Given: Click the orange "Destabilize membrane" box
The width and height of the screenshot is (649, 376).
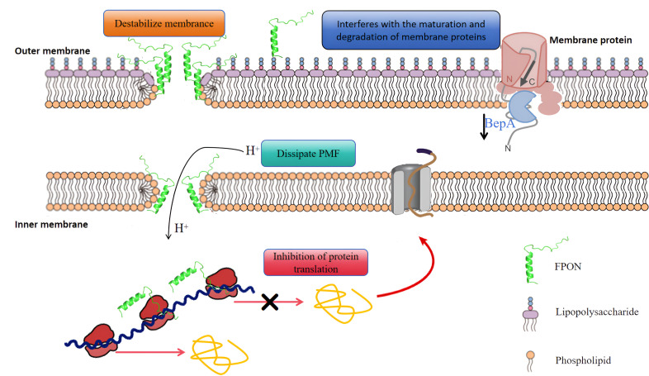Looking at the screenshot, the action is coord(164,23).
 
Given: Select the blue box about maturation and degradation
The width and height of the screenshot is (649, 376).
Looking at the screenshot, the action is coord(410,31).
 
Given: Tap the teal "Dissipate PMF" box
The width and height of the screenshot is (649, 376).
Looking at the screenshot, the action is coord(308,153).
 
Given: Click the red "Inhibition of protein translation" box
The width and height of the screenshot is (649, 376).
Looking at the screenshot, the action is coord(315,263).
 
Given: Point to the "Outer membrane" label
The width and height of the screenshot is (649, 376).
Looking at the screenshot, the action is coord(52,51).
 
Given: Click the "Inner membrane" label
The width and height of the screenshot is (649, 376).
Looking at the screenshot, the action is coord(51,225).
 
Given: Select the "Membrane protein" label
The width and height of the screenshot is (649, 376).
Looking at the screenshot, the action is coord(590,40).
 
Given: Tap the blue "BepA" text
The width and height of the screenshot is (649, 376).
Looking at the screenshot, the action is coord(500,123).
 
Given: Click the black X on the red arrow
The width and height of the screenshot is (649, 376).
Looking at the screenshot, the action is coord(270,302).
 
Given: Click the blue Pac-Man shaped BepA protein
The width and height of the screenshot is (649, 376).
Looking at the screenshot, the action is coord(523,107).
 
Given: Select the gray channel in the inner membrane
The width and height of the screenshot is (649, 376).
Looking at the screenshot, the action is coord(411,189).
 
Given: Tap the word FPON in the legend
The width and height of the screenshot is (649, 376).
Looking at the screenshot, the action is coord(567,266).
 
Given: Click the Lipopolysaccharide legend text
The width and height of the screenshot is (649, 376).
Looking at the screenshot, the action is coord(597,312).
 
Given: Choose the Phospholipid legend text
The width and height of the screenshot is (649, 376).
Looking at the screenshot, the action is coord(583,360).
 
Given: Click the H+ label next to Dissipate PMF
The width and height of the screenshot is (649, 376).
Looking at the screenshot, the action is coord(252,150).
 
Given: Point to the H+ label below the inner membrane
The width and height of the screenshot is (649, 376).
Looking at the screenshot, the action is coord(182,228).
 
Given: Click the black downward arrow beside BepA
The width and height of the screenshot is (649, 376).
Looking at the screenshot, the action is coord(483,127).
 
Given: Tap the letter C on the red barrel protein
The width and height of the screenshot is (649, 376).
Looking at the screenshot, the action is coord(532,82).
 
